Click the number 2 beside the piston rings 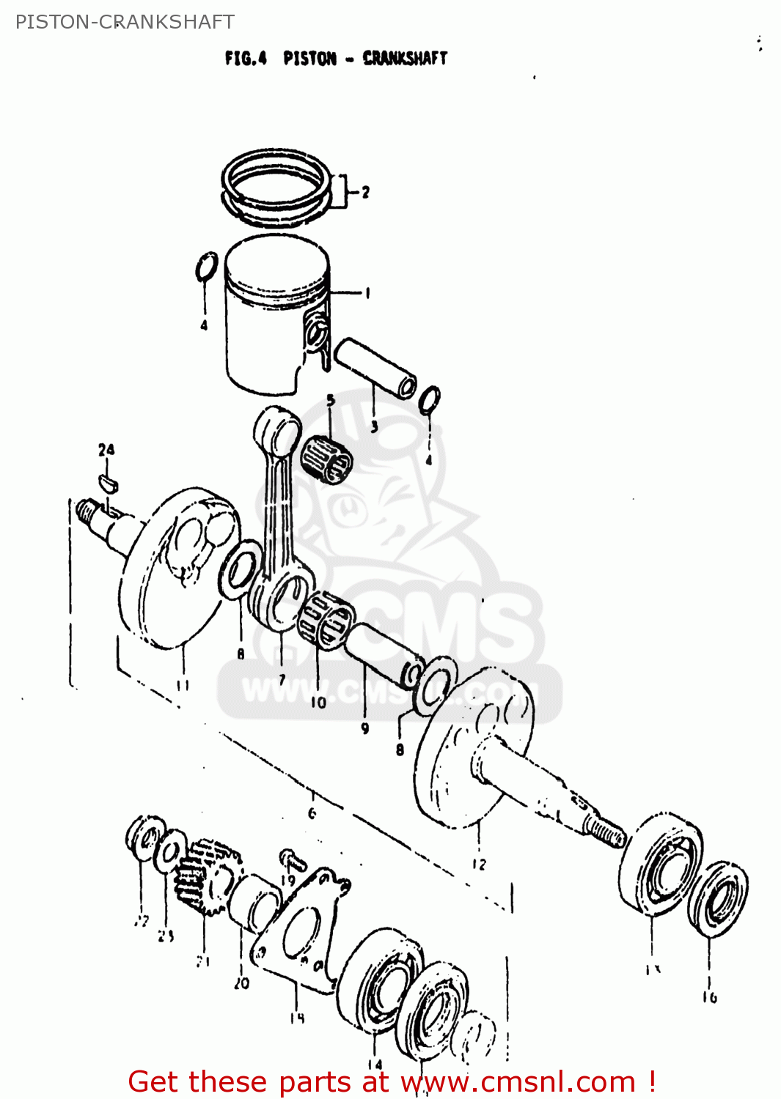(365, 192)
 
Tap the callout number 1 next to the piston (367, 293)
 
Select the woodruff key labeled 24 (107, 481)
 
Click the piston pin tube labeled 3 (375, 367)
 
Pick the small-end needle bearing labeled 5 (327, 459)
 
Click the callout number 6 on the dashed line (312, 813)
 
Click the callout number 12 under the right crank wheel (478, 864)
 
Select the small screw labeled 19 (291, 856)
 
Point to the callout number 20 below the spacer (241, 984)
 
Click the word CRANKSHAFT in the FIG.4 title (405, 58)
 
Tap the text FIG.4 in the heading (246, 58)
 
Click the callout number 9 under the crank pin (364, 728)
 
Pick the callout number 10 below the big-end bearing (318, 703)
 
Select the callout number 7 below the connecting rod (282, 679)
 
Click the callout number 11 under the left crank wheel (183, 685)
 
